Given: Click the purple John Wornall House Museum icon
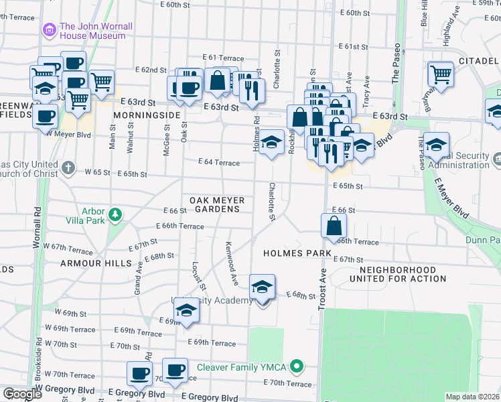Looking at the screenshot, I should (x=48, y=29).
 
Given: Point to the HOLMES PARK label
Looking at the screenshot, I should (x=298, y=253).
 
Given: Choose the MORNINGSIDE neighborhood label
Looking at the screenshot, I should (x=147, y=115).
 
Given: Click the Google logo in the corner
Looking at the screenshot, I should (x=21, y=394).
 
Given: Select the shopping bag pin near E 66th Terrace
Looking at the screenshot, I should (x=334, y=226).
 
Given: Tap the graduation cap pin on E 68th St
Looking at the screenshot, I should (x=262, y=287).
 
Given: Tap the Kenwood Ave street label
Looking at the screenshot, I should (x=232, y=263).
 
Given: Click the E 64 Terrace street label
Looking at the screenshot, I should (x=218, y=162).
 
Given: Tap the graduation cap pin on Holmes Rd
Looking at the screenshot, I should (x=271, y=143).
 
